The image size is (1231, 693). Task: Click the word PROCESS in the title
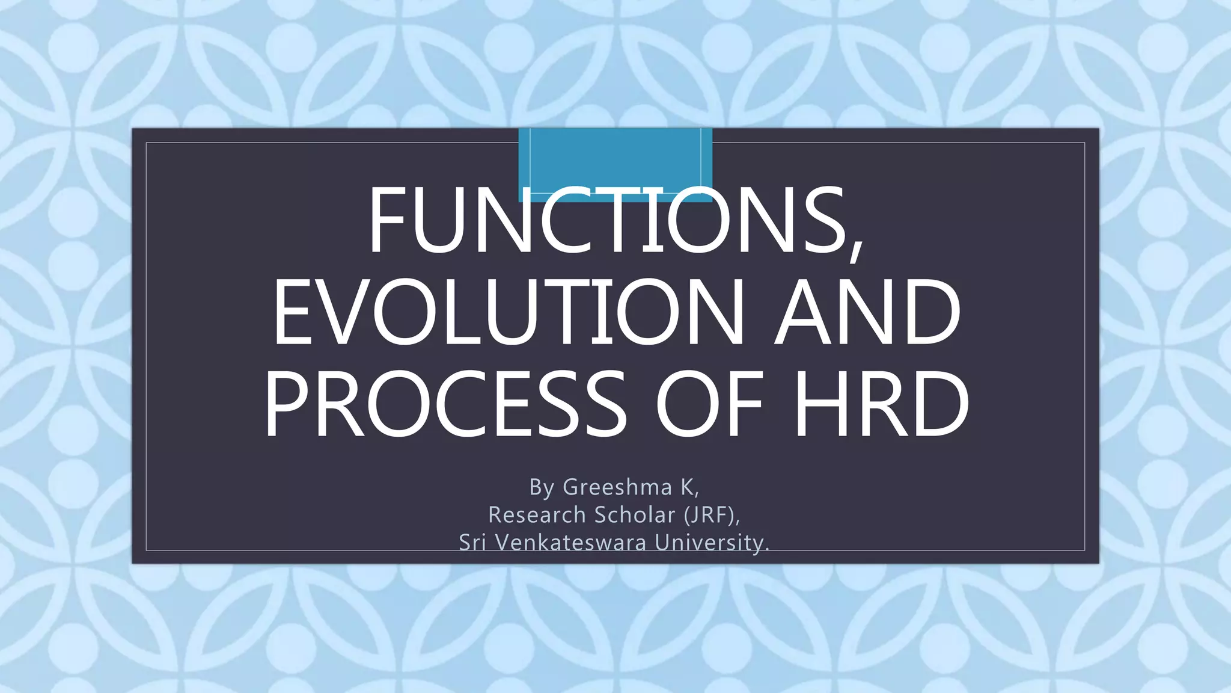(x=445, y=404)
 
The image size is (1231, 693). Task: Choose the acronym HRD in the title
(x=881, y=404)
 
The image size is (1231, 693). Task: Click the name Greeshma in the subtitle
(x=617, y=487)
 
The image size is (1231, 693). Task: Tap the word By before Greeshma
(x=542, y=487)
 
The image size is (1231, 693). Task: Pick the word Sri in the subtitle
(x=472, y=543)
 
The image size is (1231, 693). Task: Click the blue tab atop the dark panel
(x=615, y=156)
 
